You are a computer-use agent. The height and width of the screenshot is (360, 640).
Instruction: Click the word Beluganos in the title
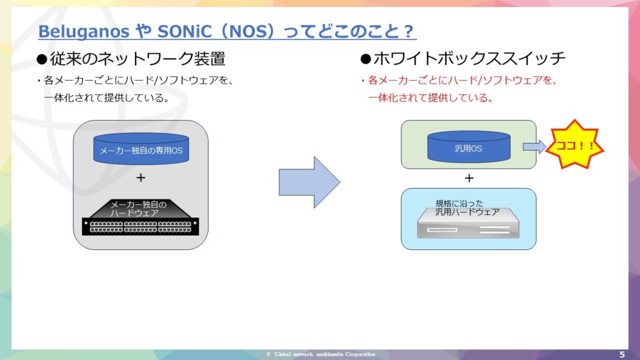click(84, 31)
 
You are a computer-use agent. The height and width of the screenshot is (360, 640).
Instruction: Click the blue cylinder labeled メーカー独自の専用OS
click(141, 149)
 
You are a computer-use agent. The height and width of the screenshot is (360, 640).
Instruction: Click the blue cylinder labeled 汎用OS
click(469, 146)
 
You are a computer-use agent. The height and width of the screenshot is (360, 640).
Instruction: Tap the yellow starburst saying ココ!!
click(575, 144)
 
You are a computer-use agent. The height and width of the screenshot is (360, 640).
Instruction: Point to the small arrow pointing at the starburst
click(534, 146)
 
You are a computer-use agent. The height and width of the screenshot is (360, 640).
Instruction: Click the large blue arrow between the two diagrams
click(309, 182)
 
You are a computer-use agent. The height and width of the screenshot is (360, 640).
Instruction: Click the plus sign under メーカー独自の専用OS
click(141, 177)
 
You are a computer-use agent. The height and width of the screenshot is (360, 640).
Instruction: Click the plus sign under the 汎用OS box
click(469, 178)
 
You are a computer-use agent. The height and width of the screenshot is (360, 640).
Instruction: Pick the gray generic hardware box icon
click(468, 223)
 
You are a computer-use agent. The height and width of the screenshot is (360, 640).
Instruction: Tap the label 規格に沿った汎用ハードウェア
click(467, 207)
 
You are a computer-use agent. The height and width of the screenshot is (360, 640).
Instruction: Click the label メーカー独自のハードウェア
click(138, 209)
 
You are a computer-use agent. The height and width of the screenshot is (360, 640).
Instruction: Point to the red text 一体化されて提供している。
click(431, 98)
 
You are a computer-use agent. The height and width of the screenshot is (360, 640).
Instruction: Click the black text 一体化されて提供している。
click(107, 98)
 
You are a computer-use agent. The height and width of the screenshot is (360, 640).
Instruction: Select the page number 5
click(622, 354)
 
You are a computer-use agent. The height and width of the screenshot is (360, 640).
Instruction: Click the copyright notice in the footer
click(321, 354)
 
